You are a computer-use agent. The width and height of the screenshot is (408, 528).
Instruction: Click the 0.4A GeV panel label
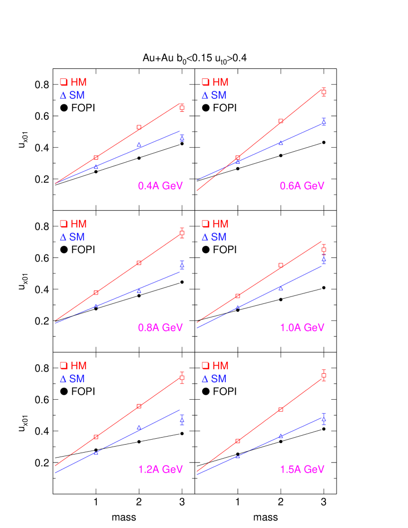160,186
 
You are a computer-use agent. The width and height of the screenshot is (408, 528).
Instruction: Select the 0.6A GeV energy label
302,186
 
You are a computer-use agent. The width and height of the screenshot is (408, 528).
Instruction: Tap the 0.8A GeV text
160,328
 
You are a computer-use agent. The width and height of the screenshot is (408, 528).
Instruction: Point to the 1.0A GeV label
302,328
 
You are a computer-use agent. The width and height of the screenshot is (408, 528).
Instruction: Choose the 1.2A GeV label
160,470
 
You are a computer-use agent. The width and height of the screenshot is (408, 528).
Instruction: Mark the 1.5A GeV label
302,470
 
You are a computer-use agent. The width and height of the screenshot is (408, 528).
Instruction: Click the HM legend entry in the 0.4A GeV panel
73,82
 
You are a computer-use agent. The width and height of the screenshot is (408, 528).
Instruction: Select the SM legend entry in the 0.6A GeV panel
214,95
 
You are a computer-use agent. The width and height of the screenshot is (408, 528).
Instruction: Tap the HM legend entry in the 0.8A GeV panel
73,224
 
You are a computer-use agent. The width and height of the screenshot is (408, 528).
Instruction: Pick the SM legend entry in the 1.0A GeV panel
214,237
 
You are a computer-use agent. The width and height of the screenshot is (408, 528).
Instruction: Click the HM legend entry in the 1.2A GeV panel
73,366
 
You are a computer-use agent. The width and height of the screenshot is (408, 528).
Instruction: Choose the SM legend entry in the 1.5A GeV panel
214,379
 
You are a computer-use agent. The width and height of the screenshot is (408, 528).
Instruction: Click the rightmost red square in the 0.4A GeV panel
182,108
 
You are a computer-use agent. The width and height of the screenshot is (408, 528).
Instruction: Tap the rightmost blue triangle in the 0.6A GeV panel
324,122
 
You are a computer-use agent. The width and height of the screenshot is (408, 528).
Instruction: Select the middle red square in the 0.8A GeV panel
139,263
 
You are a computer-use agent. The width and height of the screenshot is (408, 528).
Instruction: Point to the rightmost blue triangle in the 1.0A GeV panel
324,260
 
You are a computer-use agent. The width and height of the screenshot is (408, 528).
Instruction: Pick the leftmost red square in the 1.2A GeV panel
96,437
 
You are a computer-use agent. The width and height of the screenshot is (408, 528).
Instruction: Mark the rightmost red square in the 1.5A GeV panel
324,375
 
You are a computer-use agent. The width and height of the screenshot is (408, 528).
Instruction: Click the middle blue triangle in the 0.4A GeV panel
139,145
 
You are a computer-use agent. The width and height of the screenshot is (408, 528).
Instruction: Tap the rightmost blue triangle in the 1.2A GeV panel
182,420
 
